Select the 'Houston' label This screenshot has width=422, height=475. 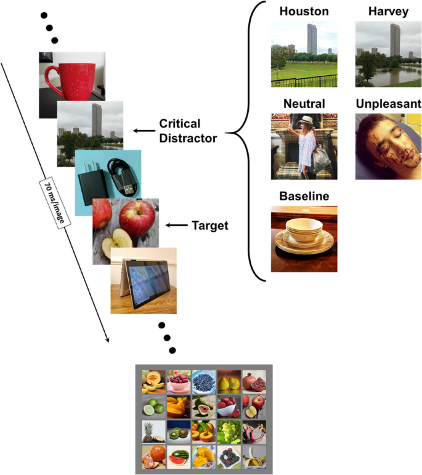(304, 12)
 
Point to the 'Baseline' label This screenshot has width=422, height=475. (304, 197)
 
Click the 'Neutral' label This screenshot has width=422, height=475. (304, 104)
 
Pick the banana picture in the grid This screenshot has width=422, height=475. (253, 457)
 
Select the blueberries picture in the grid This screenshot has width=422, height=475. (203, 381)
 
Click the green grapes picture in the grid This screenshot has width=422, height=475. (229, 431)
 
